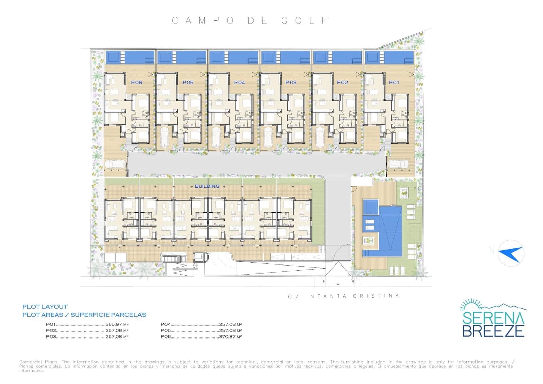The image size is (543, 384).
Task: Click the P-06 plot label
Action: (x=136, y=83)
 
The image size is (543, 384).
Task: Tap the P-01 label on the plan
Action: (x=394, y=83)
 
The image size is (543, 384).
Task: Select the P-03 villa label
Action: (x=291, y=83)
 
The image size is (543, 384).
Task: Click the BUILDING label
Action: (x=207, y=186)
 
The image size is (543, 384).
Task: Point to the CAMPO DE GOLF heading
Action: (x=250, y=21)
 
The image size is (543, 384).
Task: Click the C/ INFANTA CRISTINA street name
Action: (x=344, y=296)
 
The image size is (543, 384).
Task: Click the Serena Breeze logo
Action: (x=493, y=318)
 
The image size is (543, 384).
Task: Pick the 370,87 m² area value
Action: (x=230, y=337)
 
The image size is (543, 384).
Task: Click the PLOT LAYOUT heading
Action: (x=45, y=307)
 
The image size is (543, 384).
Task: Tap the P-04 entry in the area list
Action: (x=166, y=324)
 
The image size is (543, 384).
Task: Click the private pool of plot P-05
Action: (x=182, y=57)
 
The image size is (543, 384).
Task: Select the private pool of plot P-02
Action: (x=337, y=57)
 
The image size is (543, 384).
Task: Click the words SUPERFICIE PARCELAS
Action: (x=108, y=315)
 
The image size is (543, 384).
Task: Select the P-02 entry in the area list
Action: (x=51, y=330)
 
